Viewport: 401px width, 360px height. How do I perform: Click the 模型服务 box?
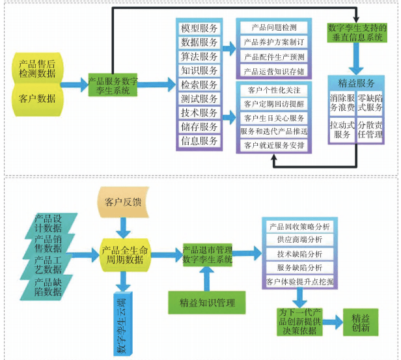pos(199,28)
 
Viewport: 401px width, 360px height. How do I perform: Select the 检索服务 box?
pos(199,85)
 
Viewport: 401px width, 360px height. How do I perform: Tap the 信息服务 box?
pos(199,141)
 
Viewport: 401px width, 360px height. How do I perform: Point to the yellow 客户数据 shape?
pos(37,99)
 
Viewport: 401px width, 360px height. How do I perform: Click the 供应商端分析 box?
pos(299,240)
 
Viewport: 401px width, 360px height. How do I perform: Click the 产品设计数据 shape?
pos(49,223)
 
